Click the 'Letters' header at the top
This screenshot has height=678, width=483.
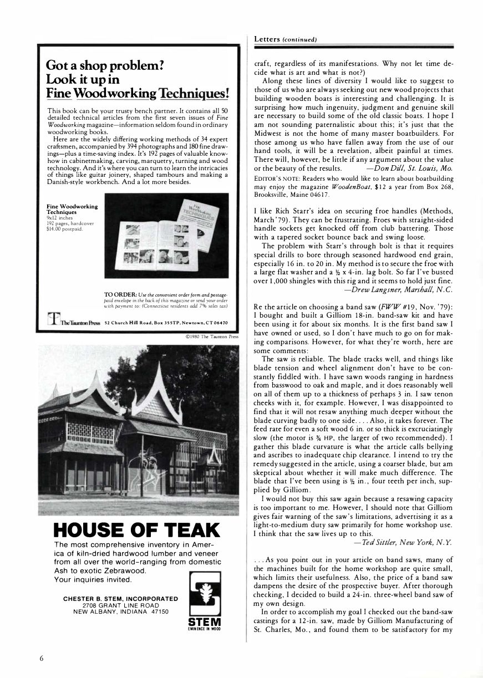point(267,39)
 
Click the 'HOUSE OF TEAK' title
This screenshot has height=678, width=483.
point(130,530)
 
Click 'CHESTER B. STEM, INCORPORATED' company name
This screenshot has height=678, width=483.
point(120,599)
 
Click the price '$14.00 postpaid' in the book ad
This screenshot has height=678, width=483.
point(64,227)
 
